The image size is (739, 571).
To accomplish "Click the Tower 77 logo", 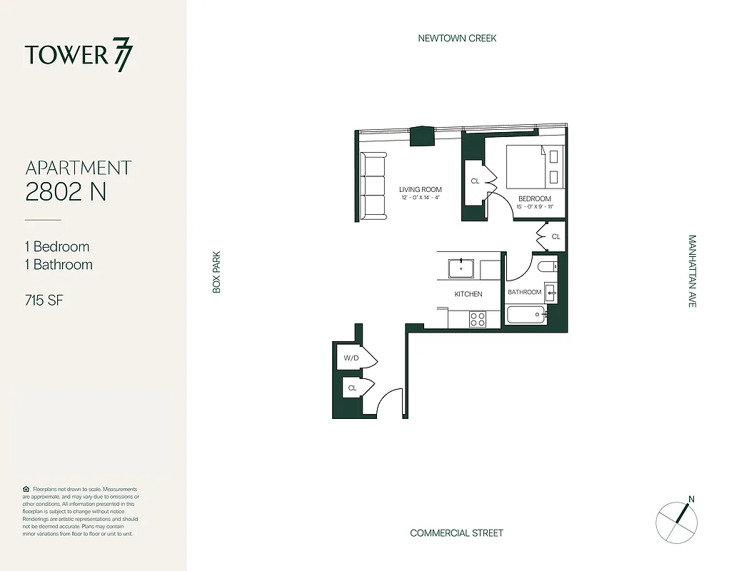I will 79,56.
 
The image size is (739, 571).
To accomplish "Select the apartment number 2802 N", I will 66,191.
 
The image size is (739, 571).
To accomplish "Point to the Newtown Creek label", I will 457,38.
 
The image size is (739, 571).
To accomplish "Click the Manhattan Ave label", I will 692,271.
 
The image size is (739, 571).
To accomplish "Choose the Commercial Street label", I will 456,533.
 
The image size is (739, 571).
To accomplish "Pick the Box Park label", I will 216,271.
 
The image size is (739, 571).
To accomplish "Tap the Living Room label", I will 420,189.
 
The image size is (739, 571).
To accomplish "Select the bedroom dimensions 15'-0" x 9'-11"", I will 534,207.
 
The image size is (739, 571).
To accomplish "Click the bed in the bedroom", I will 536,167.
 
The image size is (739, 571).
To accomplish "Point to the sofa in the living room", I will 372,186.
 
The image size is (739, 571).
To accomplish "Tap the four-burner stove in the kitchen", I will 478,319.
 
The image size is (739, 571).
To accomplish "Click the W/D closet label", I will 351,358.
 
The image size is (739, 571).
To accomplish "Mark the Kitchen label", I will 468,294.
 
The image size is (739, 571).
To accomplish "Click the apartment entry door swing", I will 389,403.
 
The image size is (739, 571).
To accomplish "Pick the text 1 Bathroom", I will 59,265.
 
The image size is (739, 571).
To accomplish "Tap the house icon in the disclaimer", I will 26,489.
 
